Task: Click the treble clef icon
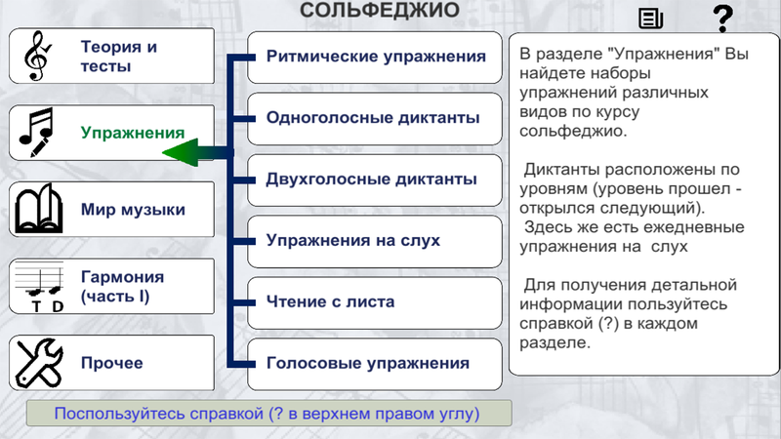[37, 56]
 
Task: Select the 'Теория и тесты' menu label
[119, 57]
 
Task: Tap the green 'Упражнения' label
[133, 133]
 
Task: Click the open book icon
[39, 209]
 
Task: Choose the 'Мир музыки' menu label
[133, 210]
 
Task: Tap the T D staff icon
[39, 287]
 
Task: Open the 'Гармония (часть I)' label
[123, 286]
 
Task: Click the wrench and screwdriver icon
[39, 363]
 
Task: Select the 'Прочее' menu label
[112, 363]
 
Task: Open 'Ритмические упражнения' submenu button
[375, 58]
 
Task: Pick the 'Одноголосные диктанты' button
[375, 118]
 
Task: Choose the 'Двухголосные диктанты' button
[375, 180]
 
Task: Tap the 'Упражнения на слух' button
[375, 241]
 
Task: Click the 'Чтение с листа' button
[375, 302]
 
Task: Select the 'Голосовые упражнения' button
[375, 364]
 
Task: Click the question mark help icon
[722, 19]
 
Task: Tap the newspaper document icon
[650, 19]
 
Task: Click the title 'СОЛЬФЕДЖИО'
[380, 10]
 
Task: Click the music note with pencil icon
[36, 133]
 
